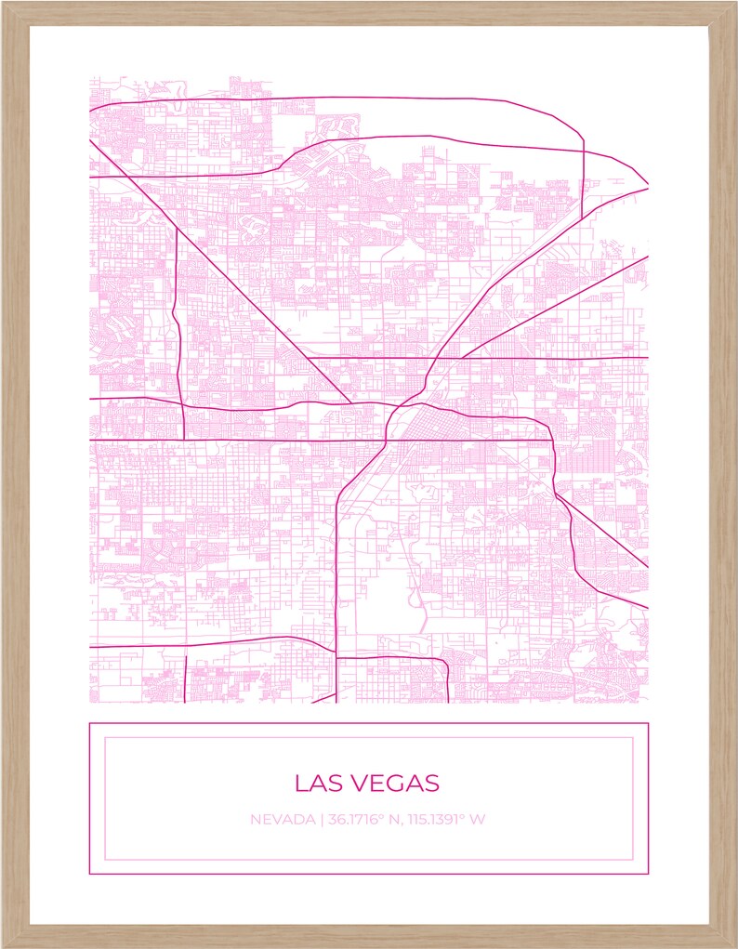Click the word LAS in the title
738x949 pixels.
[314, 783]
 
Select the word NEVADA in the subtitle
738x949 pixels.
[283, 820]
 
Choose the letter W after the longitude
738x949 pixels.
[478, 820]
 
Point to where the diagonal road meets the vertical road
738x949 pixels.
[177, 228]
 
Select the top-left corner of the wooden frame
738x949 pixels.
[3, 3]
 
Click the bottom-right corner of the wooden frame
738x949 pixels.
[734, 945]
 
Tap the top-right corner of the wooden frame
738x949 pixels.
[734, 3]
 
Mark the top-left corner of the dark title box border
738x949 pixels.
[89, 723]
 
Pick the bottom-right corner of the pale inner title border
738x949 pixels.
[633, 860]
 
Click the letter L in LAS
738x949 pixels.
[300, 783]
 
